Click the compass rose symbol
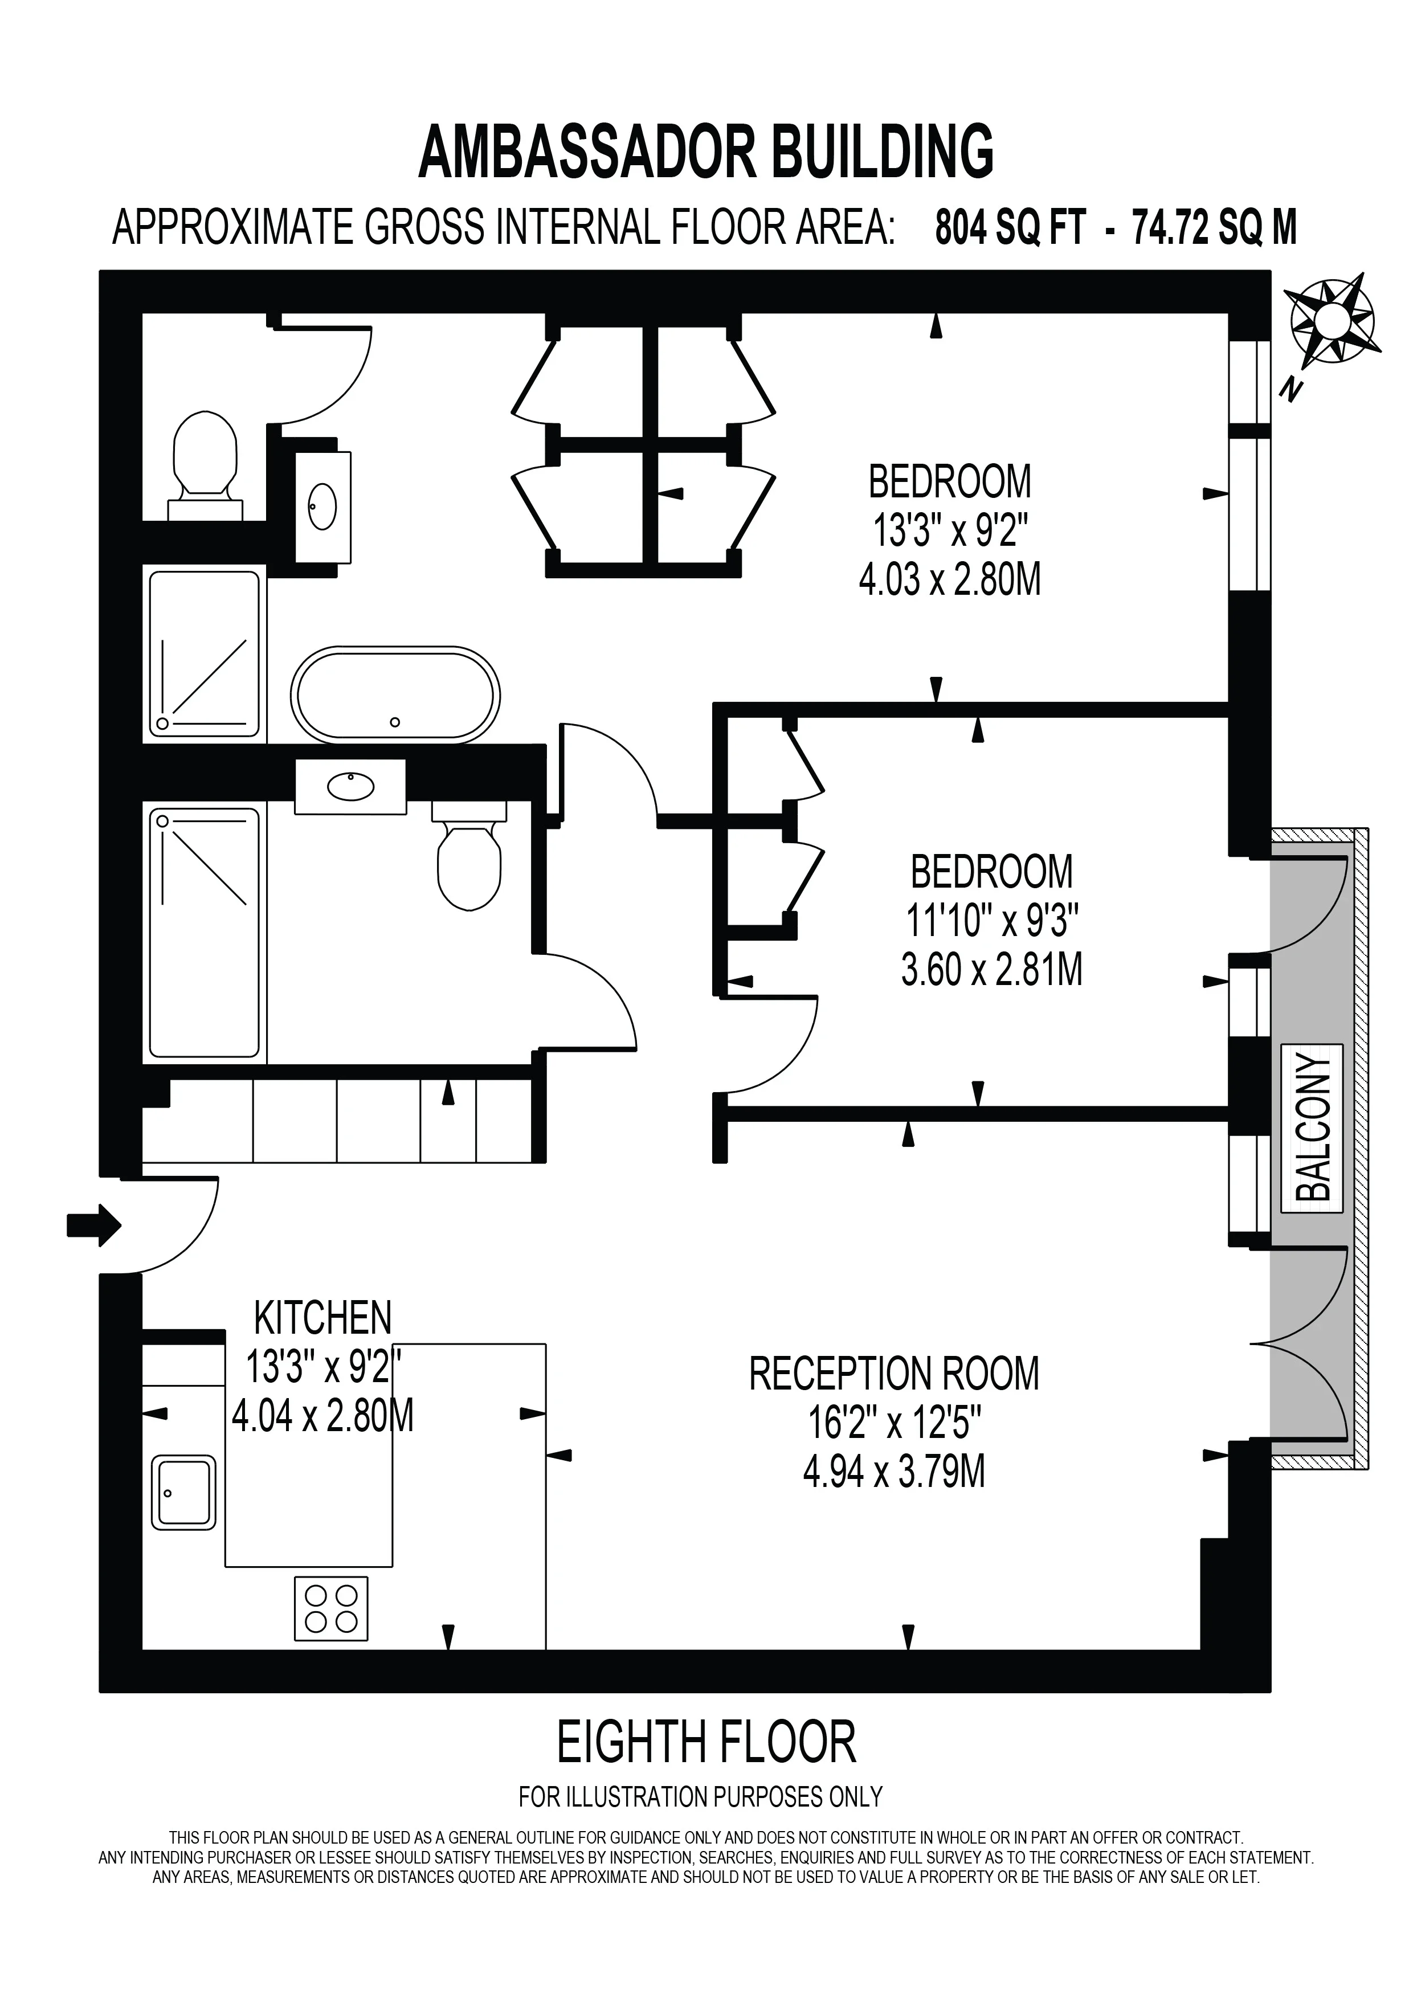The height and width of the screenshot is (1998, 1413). tap(1331, 320)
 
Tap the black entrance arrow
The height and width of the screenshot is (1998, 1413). tap(94, 1225)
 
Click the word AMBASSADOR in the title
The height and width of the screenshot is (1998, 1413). tap(587, 152)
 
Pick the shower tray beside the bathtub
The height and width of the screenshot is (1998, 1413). tap(205, 653)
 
